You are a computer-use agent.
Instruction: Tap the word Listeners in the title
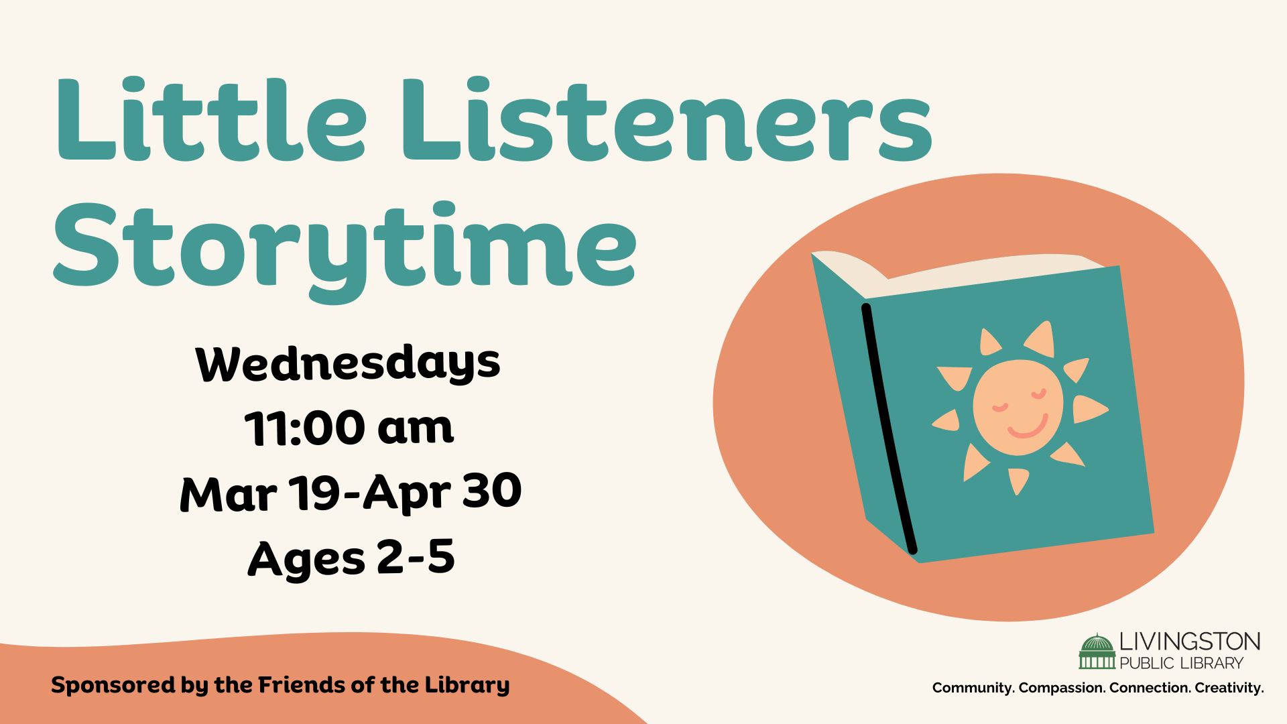pos(667,120)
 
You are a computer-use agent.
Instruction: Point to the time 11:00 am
pos(349,427)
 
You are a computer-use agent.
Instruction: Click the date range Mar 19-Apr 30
pos(351,493)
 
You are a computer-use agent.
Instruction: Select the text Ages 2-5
pos(351,558)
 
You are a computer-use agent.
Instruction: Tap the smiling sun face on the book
pos(1018,407)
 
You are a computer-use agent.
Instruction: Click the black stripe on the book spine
pos(889,429)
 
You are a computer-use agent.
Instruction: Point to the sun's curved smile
pos(1028,427)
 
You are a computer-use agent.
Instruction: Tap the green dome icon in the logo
pos(1097,651)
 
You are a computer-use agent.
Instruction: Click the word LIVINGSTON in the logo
pos(1190,642)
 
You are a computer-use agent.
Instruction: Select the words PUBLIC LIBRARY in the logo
pos(1181,664)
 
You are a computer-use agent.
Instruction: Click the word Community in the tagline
pos(973,688)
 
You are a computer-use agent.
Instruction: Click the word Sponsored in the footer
pos(114,686)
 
